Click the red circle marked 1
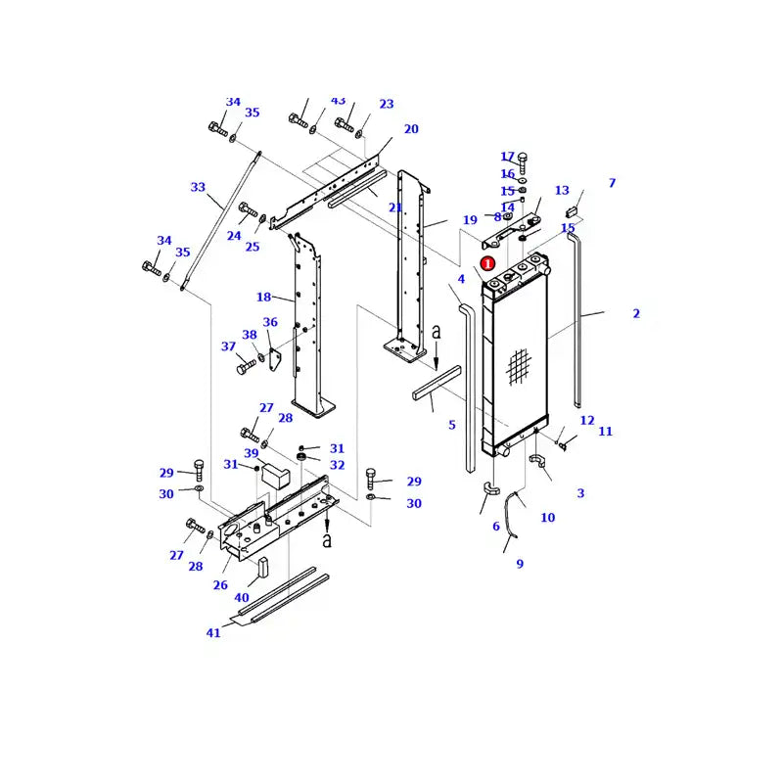pos(487,263)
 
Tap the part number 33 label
pos(198,187)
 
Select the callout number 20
pos(411,129)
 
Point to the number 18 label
pos(263,297)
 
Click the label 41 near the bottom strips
pos(213,632)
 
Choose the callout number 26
pos(220,585)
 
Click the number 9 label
pos(520,564)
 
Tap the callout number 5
pos(451,425)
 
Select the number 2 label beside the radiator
pos(636,313)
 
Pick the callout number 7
pos(612,183)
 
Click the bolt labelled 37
pos(246,367)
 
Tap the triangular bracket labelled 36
pos(276,360)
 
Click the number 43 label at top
pos(338,101)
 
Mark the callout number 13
pos(562,190)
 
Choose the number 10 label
pos(547,517)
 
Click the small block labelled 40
pos(263,567)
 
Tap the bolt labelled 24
pos(247,210)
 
